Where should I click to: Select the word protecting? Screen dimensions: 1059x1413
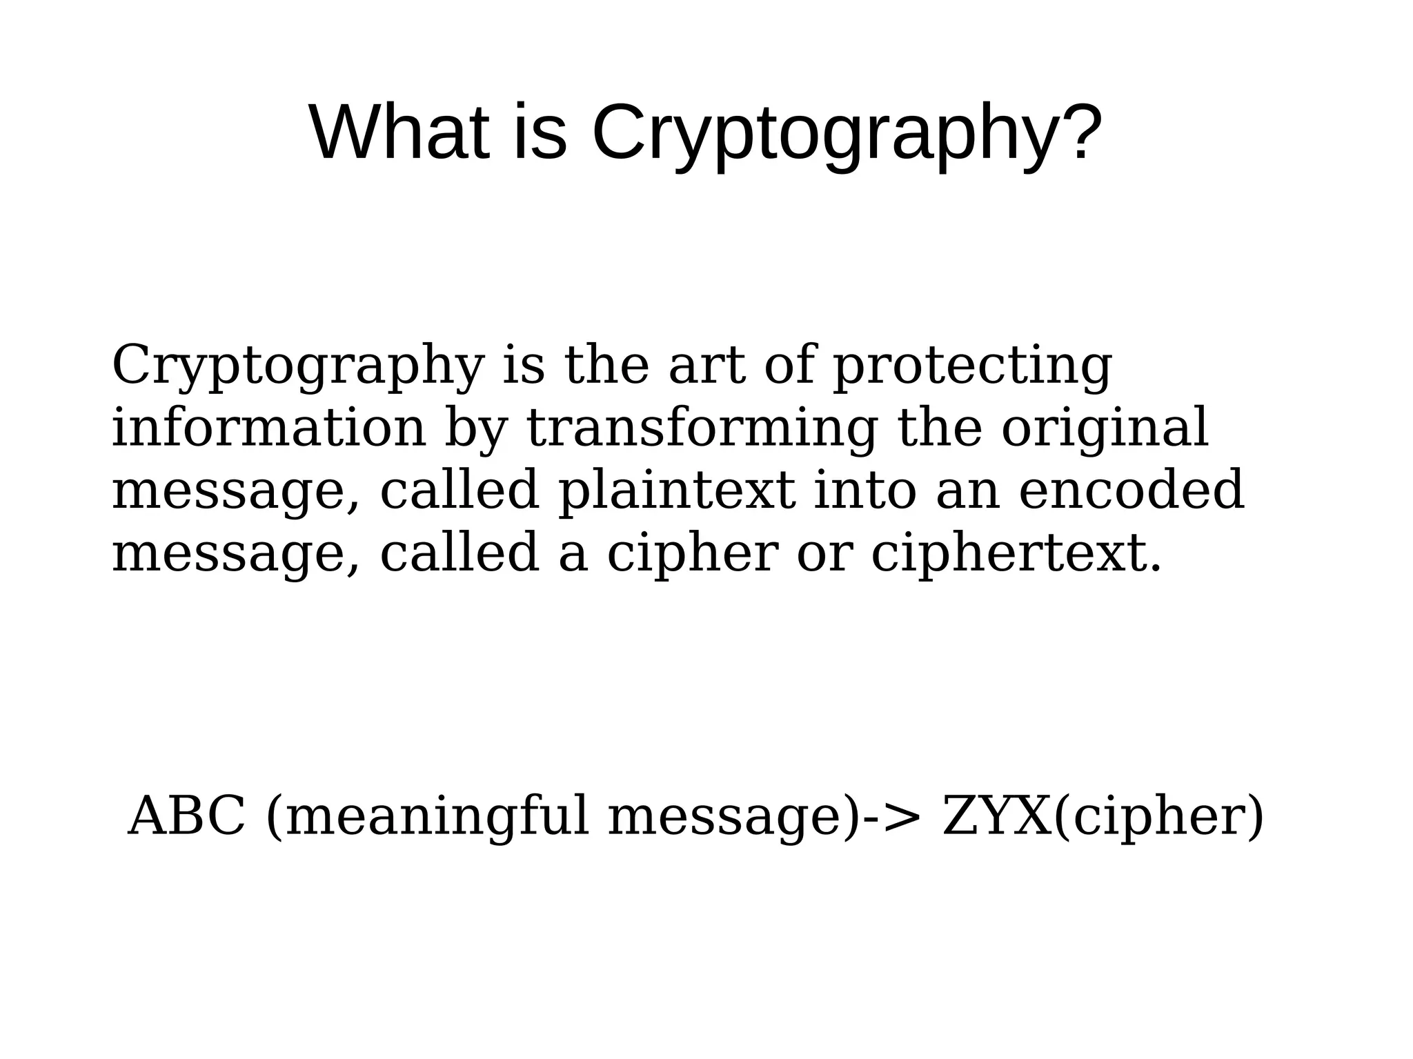[x=972, y=367]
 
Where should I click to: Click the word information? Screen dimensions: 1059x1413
[x=269, y=428]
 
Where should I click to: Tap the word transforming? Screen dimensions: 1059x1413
[x=702, y=430]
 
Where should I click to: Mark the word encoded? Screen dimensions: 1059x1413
[x=1132, y=491]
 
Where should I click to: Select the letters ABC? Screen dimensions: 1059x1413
[x=187, y=816]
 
